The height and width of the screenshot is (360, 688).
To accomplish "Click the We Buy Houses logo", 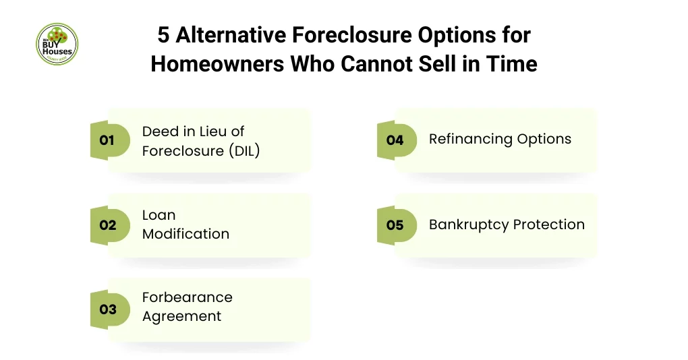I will point(57,44).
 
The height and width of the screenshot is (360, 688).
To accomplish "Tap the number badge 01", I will point(108,140).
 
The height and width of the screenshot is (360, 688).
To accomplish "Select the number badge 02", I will point(108,225).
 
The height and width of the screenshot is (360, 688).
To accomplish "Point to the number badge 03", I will point(108,309).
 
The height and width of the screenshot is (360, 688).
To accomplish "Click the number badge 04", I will point(395,140).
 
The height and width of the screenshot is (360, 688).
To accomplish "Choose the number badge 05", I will point(395,224).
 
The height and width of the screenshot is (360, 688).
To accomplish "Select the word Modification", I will point(185,234).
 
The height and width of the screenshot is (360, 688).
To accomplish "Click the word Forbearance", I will point(187,297).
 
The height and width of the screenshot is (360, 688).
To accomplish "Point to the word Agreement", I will point(181,316).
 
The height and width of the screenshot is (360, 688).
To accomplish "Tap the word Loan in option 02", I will point(159,216).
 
